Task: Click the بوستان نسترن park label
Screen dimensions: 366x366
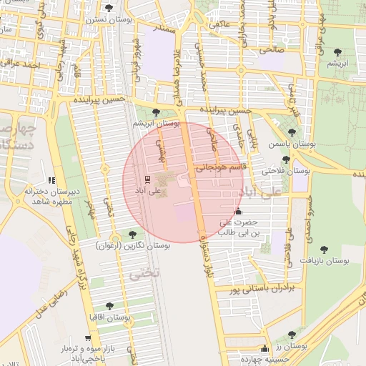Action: [x=109, y=21]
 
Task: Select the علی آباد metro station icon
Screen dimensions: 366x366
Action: [x=147, y=179]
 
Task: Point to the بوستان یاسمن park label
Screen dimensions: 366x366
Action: [x=291, y=144]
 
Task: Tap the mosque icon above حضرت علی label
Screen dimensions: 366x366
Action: [x=238, y=212]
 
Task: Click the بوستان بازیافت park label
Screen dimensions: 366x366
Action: [x=324, y=262]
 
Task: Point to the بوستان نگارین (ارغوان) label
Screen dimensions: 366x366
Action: [x=132, y=245]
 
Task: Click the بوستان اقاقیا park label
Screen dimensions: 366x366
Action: [x=108, y=317]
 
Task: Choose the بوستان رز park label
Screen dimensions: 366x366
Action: [x=292, y=346]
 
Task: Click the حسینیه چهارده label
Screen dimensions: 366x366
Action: [x=265, y=360]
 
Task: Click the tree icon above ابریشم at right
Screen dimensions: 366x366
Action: [x=337, y=53]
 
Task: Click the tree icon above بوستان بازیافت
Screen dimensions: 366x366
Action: [x=324, y=249]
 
